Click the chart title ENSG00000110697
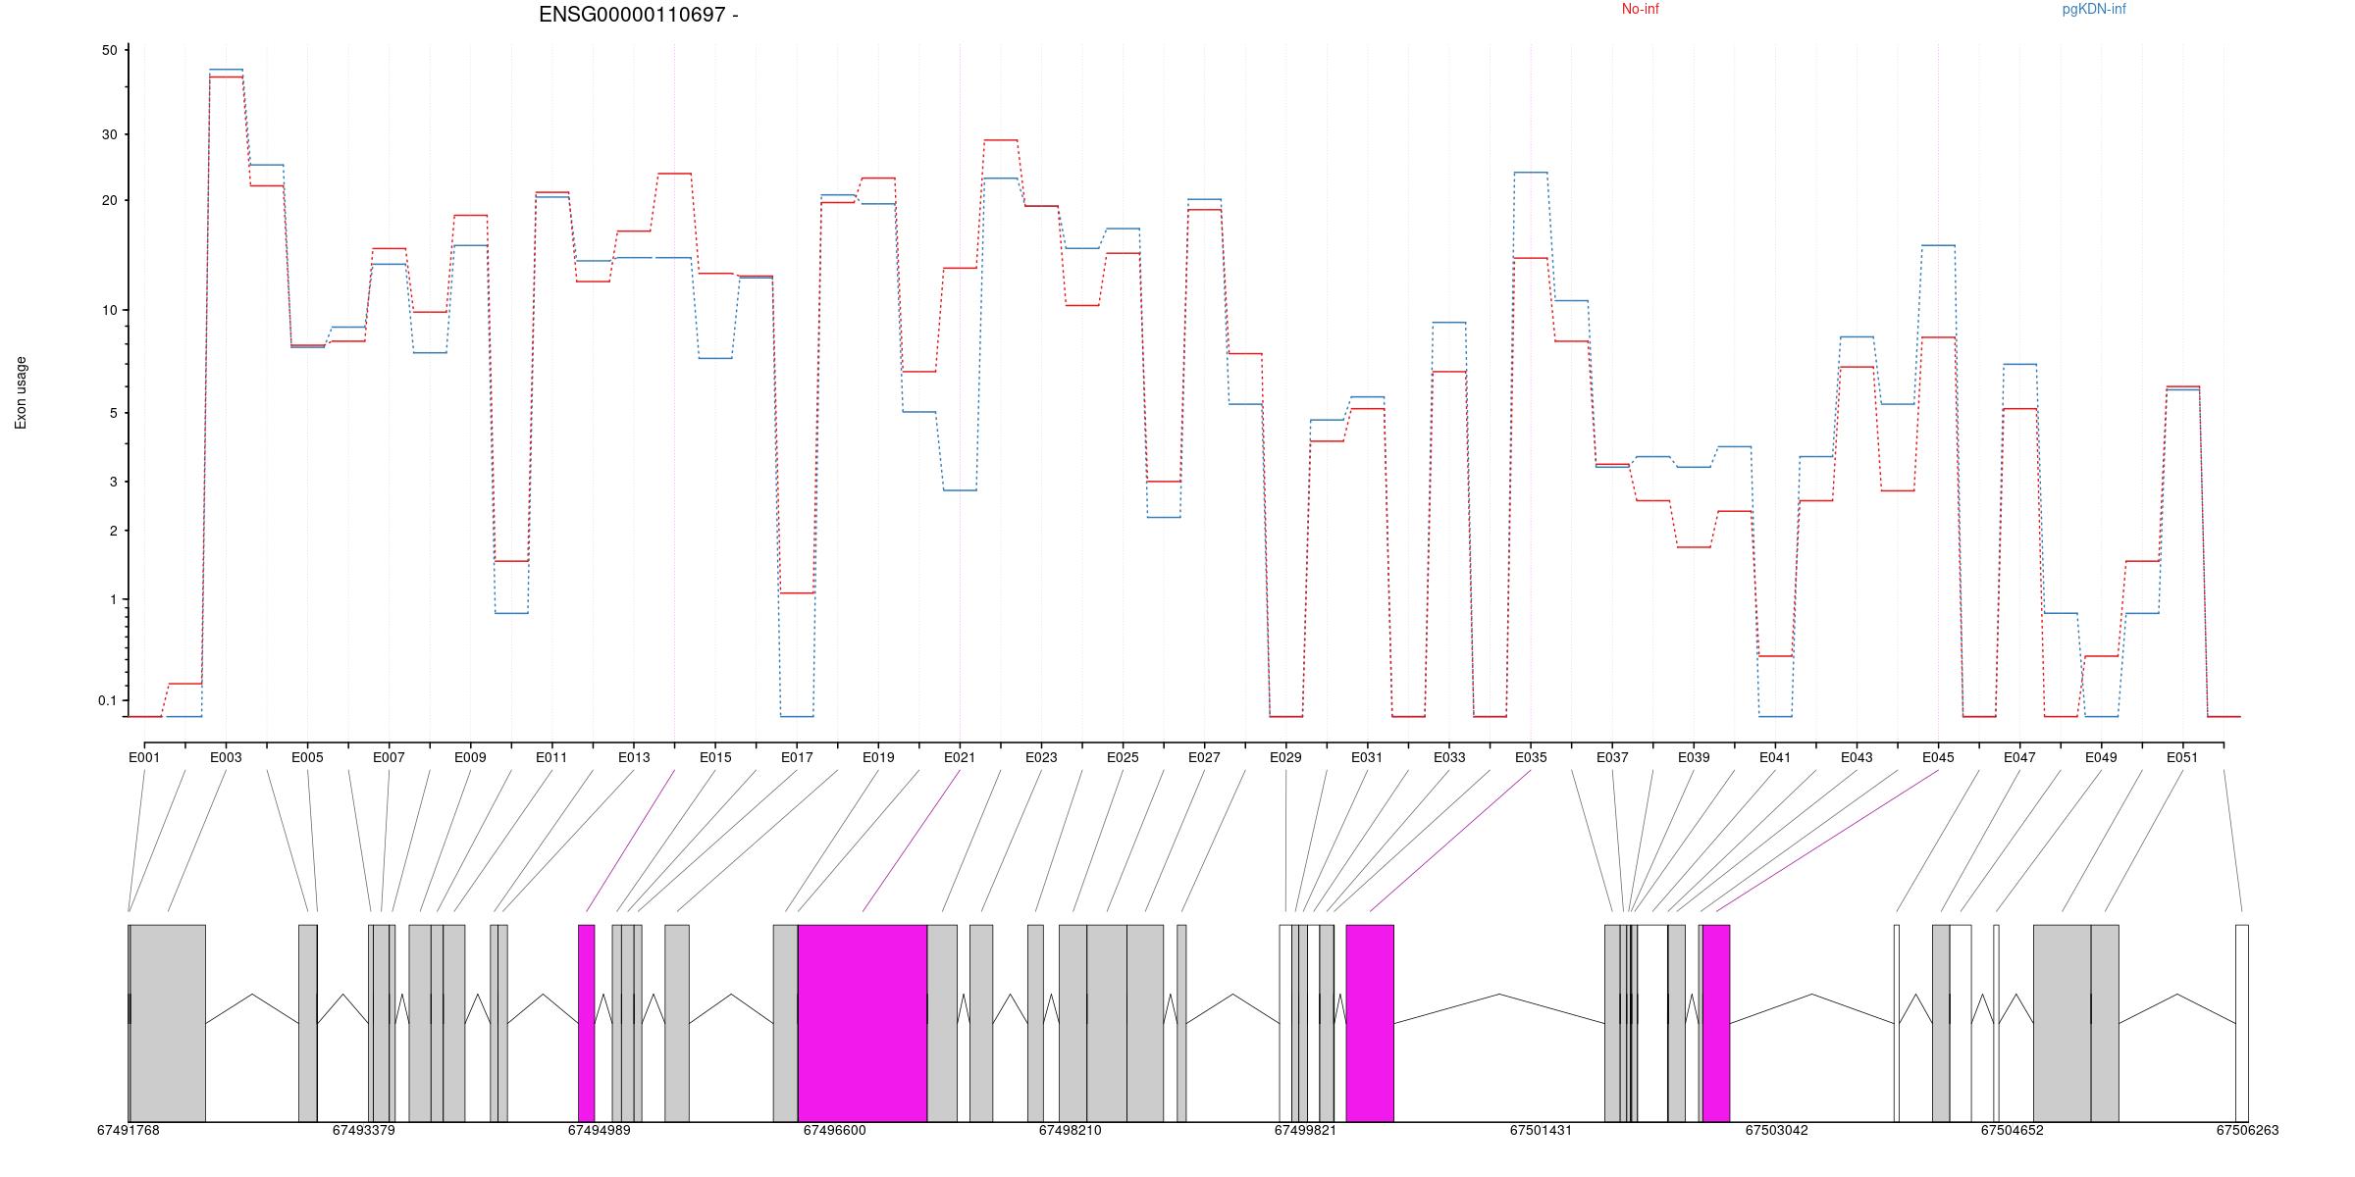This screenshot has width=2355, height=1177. tap(639, 15)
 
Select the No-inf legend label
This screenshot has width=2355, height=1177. tap(1640, 10)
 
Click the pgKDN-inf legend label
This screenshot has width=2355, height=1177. tap(2094, 10)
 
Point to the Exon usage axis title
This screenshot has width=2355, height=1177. tap(21, 392)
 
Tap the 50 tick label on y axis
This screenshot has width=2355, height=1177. tap(109, 51)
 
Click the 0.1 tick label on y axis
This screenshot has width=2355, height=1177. tap(107, 700)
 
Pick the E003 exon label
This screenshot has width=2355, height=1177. tap(226, 757)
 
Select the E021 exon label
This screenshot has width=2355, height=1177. tap(960, 757)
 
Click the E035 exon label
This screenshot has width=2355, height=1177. tap(1531, 757)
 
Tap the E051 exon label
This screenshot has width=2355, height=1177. tap(2182, 757)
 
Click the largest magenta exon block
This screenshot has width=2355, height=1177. tap(863, 1022)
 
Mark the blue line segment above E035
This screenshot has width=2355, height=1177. tap(1531, 173)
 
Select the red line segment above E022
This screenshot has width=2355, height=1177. tap(1001, 140)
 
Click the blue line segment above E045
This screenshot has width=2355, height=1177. tap(1938, 245)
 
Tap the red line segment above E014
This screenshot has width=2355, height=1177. tap(674, 174)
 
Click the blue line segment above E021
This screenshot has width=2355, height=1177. tap(960, 490)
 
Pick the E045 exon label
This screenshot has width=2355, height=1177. tap(1938, 757)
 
